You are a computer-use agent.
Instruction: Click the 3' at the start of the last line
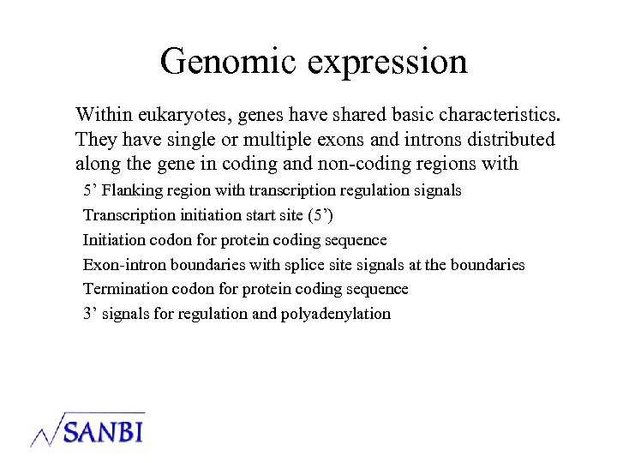tap(89, 314)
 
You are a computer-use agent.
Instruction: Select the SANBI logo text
tap(102, 430)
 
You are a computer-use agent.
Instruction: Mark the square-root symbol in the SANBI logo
tap(47, 430)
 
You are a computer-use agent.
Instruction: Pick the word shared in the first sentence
tap(341, 114)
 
